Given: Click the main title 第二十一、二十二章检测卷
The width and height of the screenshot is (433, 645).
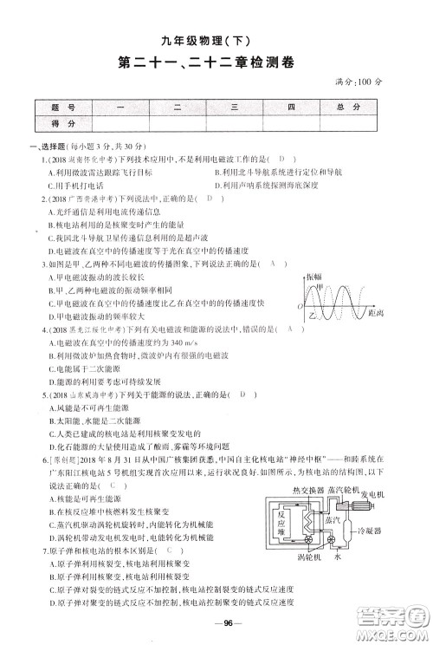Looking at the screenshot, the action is [216, 62].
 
